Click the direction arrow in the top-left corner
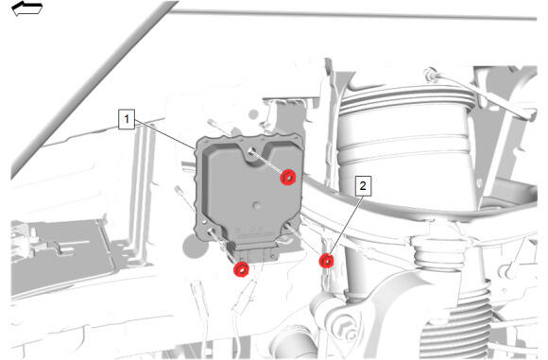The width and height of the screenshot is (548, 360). [26, 9]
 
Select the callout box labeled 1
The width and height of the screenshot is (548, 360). [127, 119]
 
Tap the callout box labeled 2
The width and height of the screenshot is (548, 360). [363, 185]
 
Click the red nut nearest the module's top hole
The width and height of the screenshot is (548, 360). [288, 178]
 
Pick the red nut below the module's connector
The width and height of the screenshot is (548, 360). [242, 269]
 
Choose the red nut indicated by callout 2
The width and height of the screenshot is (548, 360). [326, 261]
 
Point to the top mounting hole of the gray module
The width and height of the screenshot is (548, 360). [251, 151]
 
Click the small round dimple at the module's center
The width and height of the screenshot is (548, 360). [257, 206]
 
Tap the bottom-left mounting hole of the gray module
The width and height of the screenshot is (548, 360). [211, 231]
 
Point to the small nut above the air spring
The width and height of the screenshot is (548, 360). [430, 74]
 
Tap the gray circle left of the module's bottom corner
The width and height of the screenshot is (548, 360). [195, 246]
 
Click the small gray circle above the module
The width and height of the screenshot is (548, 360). [254, 114]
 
